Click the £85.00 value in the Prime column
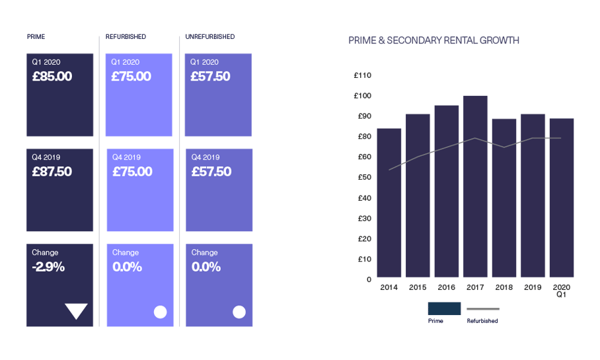[52, 77]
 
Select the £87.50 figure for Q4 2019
[52, 172]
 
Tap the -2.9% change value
[49, 268]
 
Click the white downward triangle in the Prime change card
[77, 311]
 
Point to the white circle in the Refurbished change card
[160, 312]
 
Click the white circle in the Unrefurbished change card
[239, 312]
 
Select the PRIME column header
[36, 36]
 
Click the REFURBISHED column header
[126, 36]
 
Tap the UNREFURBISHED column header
[210, 36]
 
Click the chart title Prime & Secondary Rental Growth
[433, 41]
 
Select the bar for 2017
[476, 187]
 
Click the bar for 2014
[389, 203]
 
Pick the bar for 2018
[504, 198]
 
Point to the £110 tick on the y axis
[363, 75]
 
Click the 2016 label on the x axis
[447, 287]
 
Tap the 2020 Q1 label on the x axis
[562, 291]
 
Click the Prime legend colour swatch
[444, 308]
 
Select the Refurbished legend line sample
[483, 308]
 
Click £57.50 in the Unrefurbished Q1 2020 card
[211, 77]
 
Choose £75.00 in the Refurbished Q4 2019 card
[132, 172]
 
